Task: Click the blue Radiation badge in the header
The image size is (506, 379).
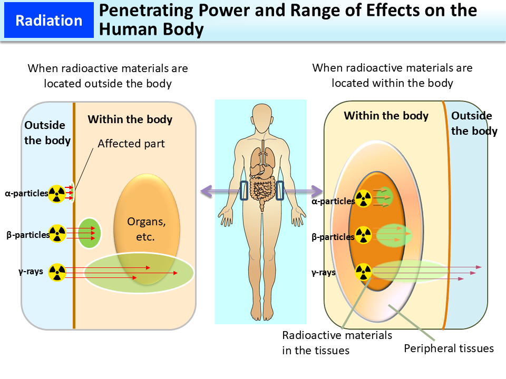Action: pyautogui.click(x=49, y=21)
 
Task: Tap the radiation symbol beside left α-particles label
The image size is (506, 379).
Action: pyautogui.click(x=57, y=194)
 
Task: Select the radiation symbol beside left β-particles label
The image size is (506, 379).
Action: pyautogui.click(x=57, y=233)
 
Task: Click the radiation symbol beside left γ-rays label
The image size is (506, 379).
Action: pyautogui.click(x=57, y=272)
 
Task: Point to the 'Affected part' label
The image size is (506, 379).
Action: pyautogui.click(x=131, y=143)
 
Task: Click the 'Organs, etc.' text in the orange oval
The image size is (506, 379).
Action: pyautogui.click(x=146, y=229)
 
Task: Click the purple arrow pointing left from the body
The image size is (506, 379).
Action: pyautogui.click(x=216, y=189)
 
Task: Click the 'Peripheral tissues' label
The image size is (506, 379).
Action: pyautogui.click(x=449, y=348)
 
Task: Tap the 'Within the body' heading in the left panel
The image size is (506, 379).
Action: pyautogui.click(x=130, y=119)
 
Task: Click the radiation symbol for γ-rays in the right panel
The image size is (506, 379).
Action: pyautogui.click(x=363, y=272)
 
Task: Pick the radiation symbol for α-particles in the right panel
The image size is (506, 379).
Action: pyautogui.click(x=363, y=198)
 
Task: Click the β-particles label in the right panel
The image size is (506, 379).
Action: pyautogui.click(x=333, y=237)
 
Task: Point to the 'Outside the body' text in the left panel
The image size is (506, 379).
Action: pyautogui.click(x=46, y=133)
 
